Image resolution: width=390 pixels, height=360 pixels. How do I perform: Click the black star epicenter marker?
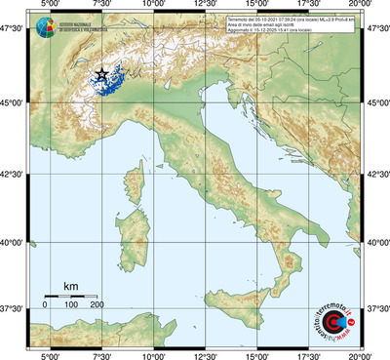(x=102, y=75)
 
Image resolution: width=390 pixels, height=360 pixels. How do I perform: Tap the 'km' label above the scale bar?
(x=70, y=285)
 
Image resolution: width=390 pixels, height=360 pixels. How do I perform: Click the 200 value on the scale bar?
(x=97, y=305)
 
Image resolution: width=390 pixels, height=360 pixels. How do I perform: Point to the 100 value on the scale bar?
(x=71, y=305)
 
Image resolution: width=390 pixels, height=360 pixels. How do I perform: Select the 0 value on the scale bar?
(x=45, y=305)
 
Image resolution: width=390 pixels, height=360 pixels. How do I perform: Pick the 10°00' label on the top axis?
(x=152, y=6)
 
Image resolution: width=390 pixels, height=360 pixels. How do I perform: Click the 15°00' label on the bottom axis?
(x=257, y=354)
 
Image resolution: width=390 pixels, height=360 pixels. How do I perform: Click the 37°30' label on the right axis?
(x=376, y=308)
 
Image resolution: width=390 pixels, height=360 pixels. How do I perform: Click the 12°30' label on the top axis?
(x=205, y=6)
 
